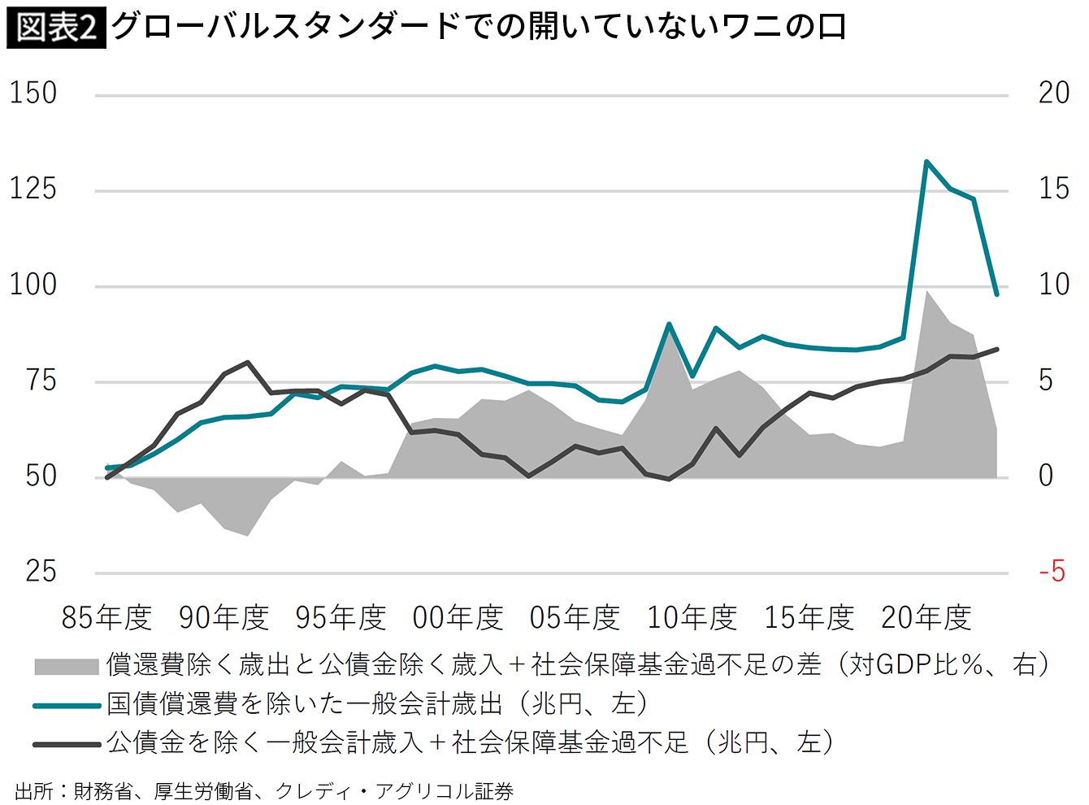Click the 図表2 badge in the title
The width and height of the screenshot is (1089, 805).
tap(56, 27)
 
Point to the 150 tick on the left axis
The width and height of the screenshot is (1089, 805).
tap(33, 94)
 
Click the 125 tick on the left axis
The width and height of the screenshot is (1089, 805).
tap(33, 189)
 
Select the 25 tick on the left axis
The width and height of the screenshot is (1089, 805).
tap(41, 572)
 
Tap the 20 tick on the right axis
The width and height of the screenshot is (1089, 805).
tap(1054, 94)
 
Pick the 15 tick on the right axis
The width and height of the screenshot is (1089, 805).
tap(1054, 189)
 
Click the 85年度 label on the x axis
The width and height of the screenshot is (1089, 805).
tap(107, 619)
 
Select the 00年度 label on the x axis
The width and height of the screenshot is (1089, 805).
tap(458, 619)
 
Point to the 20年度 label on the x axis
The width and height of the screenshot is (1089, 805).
tap(926, 619)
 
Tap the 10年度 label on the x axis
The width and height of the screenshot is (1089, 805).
tap(692, 619)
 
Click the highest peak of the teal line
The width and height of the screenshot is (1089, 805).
tap(926, 161)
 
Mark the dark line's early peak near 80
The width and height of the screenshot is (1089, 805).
tap(247, 363)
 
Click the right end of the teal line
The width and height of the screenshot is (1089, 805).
tap(996, 294)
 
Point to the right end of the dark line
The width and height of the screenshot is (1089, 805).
tap(996, 349)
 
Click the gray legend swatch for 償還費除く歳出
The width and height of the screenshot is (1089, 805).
tap(66, 666)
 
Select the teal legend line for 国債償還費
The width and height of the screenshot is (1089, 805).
tap(66, 705)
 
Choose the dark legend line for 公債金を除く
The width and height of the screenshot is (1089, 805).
tap(66, 743)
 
